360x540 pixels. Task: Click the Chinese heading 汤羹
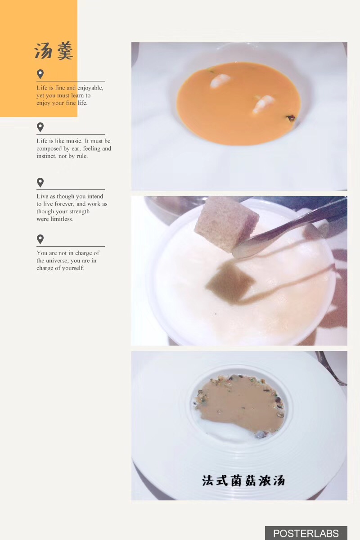(x=54, y=51)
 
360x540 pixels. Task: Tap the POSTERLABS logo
(x=306, y=533)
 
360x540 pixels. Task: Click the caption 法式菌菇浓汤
(x=243, y=481)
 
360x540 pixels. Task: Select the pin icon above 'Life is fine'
(x=40, y=74)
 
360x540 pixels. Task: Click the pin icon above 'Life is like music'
(x=40, y=127)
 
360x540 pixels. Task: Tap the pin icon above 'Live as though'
(x=40, y=183)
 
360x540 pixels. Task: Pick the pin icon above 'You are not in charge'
(x=40, y=239)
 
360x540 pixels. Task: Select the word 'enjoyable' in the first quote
(x=90, y=88)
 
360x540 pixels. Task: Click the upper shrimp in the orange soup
(x=220, y=80)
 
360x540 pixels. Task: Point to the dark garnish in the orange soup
(x=291, y=118)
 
